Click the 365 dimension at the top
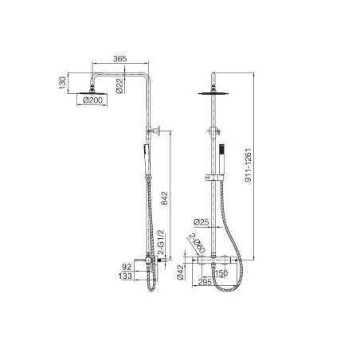[119, 59]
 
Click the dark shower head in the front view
[215, 93]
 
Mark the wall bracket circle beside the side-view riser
[159, 131]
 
